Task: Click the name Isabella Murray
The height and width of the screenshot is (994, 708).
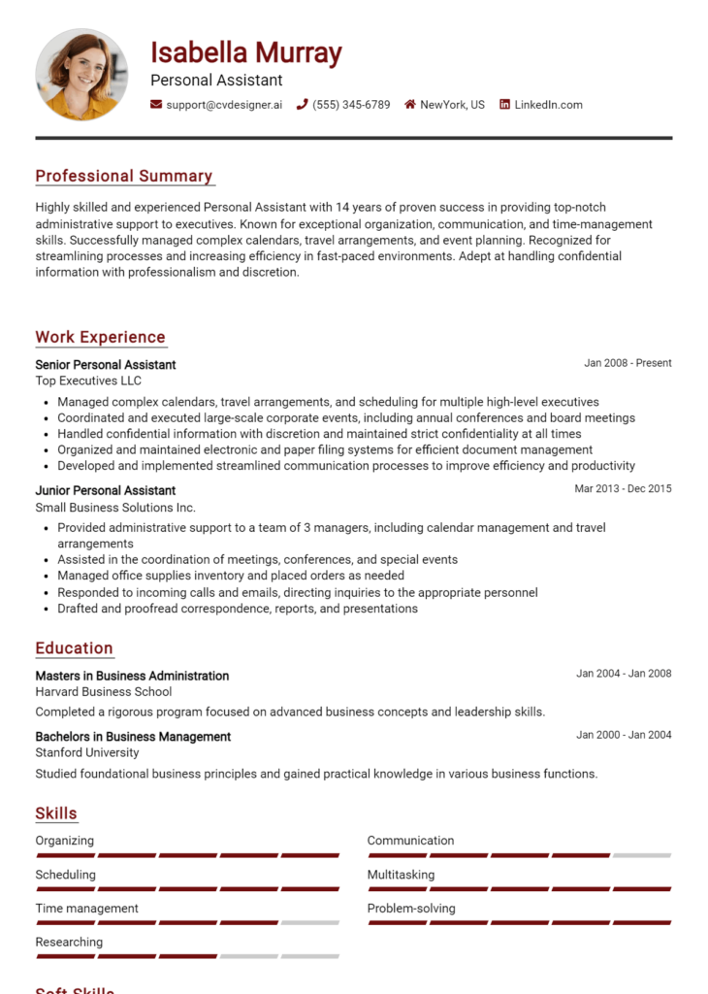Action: coord(245,52)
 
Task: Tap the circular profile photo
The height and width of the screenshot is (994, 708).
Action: coord(81,75)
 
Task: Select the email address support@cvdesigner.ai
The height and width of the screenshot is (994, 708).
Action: coord(223,105)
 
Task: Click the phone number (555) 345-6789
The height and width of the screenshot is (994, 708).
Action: coord(351,105)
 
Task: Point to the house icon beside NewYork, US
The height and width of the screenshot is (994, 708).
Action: coord(410,105)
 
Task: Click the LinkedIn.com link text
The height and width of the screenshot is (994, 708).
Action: coord(548,105)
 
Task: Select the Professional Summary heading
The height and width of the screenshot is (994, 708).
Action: coord(124,176)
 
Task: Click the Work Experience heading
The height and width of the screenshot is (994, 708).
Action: coord(101,337)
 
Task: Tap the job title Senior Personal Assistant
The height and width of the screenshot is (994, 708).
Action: coord(106,365)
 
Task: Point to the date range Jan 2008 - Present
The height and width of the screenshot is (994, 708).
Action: coord(628,363)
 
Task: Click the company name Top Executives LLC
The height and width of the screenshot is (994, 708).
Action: coord(88,381)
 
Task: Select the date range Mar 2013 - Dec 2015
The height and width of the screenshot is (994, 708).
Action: coord(623,488)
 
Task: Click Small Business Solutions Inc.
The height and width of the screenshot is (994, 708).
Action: coord(115,507)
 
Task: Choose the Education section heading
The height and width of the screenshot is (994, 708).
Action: coord(75,647)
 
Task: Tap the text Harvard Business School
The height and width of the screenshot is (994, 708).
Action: coord(104,692)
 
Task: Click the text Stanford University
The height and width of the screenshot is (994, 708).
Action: coord(87,752)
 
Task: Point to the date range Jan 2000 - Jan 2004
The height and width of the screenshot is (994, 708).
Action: coord(624,735)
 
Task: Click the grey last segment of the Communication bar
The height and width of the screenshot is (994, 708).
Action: coord(642,855)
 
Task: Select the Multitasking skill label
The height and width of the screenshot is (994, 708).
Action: coord(401,875)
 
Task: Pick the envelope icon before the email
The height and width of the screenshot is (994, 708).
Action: coord(156,105)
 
